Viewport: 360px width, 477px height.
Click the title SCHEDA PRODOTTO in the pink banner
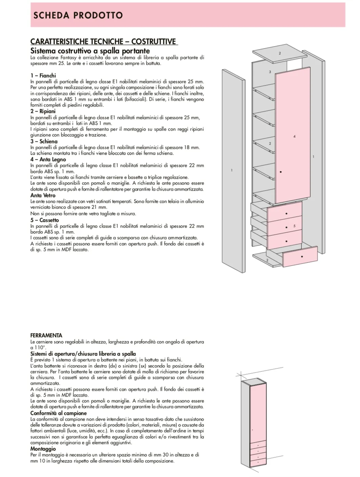(x=78, y=15)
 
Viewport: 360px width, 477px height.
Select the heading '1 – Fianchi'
(x=43, y=75)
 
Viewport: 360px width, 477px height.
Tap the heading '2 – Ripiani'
(x=43, y=111)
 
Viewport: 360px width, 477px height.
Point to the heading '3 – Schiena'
(x=44, y=141)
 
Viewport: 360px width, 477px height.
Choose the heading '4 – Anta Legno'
(x=48, y=159)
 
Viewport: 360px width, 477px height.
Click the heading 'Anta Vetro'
(x=43, y=195)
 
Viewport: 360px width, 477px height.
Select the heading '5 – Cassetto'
(x=45, y=220)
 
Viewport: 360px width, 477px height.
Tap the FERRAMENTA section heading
(x=46, y=336)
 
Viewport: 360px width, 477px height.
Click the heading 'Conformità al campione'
(x=59, y=413)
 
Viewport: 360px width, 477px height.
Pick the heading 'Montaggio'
(x=43, y=449)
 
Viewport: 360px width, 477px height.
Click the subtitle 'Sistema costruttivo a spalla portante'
(x=90, y=51)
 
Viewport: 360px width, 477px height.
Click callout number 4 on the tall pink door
(x=294, y=136)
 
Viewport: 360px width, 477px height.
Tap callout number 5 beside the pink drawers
(x=294, y=226)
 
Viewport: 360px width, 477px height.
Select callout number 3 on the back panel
(x=270, y=72)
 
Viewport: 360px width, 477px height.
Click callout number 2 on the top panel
(x=280, y=53)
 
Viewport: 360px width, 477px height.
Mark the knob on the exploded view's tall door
(x=281, y=172)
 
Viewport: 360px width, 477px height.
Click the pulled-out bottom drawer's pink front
(x=300, y=257)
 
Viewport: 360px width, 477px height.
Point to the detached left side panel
(x=233, y=170)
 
